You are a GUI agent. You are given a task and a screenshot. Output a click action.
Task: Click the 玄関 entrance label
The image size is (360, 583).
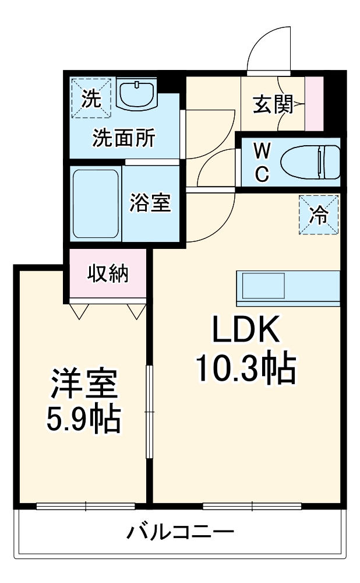(x=272, y=105)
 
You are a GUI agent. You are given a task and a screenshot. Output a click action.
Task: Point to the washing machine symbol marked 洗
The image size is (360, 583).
(x=90, y=97)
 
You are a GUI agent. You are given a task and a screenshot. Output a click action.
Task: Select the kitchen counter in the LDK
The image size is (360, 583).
(x=287, y=287)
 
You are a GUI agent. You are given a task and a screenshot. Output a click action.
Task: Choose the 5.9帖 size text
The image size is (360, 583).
(x=84, y=418)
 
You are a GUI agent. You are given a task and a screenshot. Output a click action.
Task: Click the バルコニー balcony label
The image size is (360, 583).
(x=181, y=532)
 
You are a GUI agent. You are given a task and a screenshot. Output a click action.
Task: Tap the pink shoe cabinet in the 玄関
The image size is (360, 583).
(x=314, y=104)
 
